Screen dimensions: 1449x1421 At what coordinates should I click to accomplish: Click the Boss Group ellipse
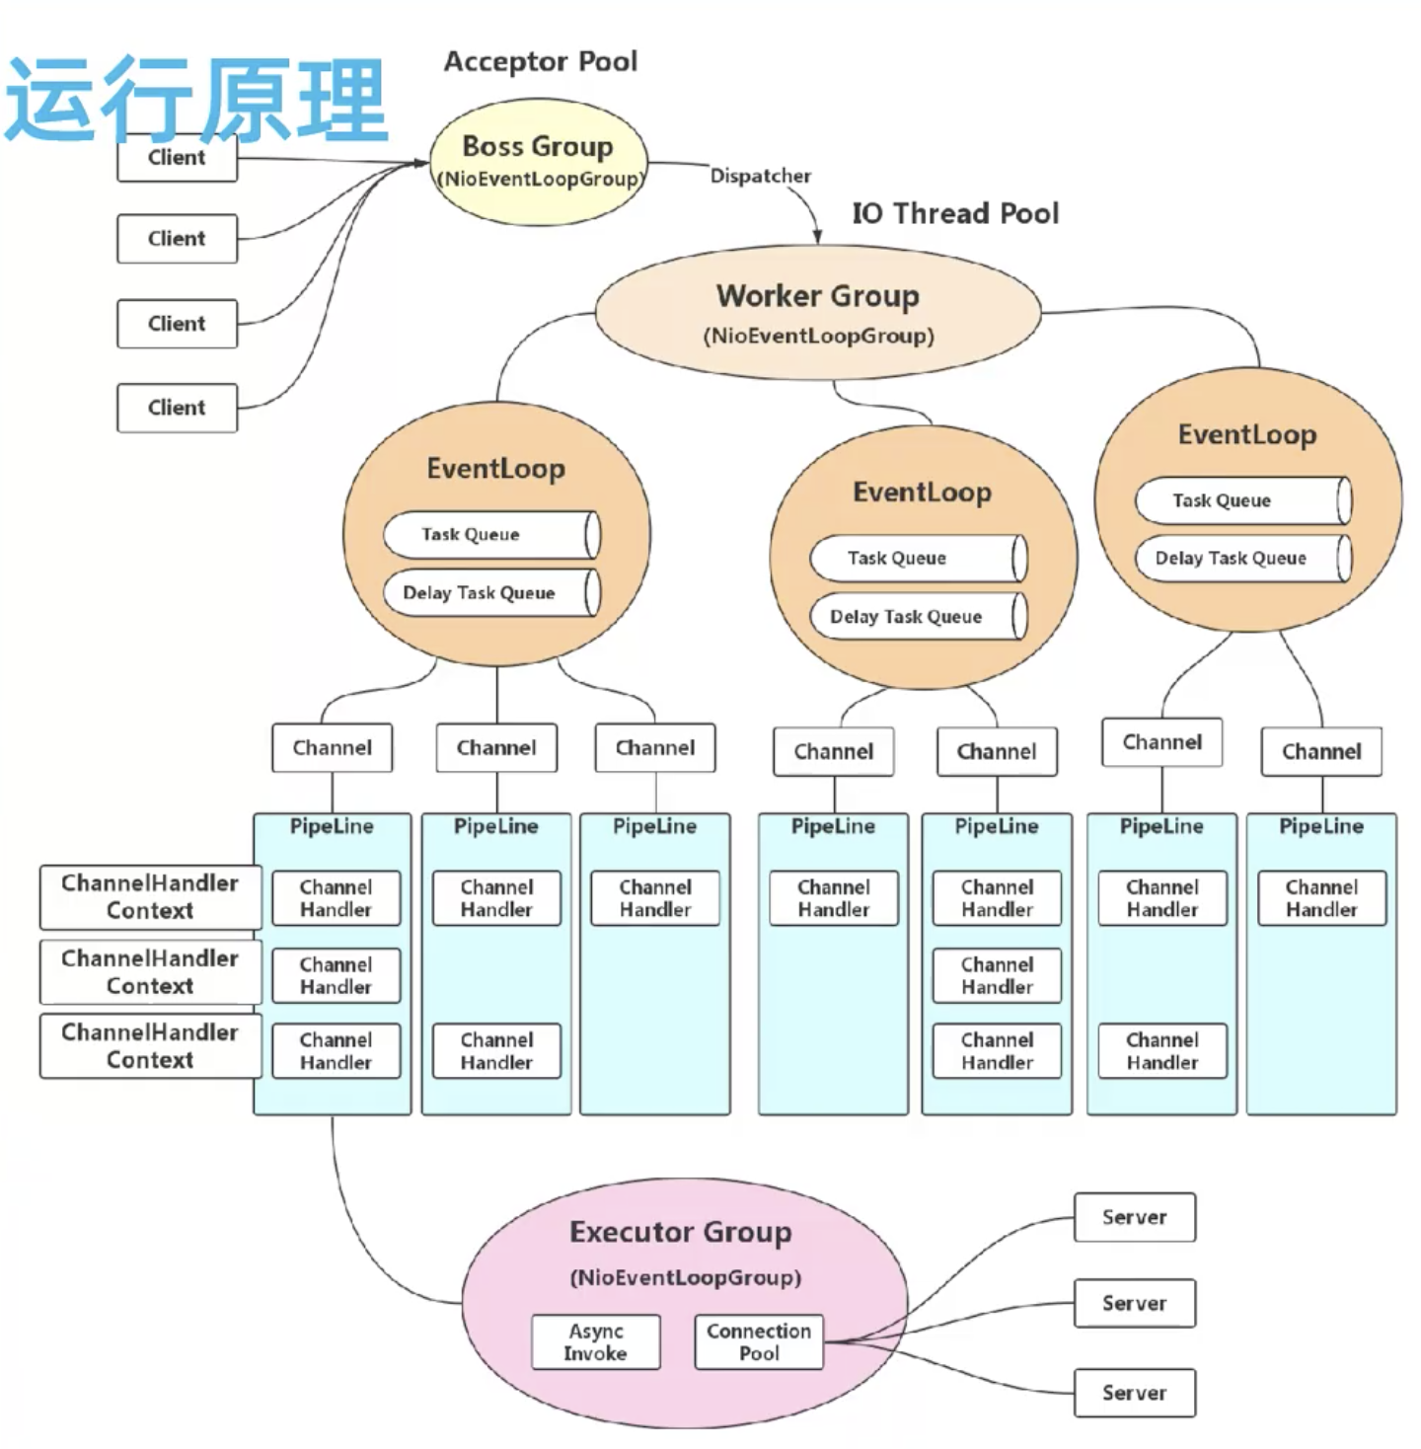(538, 162)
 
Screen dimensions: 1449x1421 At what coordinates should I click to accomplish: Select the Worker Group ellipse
(818, 312)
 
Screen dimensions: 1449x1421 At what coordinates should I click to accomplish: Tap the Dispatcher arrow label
(760, 176)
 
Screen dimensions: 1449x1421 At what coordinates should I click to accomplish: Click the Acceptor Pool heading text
(540, 61)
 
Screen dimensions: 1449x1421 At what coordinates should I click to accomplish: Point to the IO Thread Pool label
(954, 213)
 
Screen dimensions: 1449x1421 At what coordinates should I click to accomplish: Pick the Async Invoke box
(595, 1342)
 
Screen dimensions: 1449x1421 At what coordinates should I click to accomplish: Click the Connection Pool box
(758, 1342)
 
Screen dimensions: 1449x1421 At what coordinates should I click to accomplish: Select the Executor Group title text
(680, 1232)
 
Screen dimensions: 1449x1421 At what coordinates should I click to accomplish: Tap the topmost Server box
(1134, 1217)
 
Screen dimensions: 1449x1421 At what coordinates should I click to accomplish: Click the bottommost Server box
(1134, 1393)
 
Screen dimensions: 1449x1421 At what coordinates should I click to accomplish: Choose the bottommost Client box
(177, 408)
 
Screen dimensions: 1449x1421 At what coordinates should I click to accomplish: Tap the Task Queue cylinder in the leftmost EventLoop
(490, 535)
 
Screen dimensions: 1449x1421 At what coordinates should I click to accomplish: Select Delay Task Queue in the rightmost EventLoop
(1242, 559)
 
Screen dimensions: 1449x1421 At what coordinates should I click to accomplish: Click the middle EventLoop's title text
(922, 492)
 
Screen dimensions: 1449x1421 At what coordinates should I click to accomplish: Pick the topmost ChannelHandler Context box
(150, 896)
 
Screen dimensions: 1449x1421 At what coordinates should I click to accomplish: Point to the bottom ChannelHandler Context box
(150, 1046)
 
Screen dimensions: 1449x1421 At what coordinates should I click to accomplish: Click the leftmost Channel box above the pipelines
(332, 748)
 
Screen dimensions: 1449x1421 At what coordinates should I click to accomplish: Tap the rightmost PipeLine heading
(1320, 826)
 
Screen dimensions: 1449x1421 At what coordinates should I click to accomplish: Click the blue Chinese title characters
(195, 99)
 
